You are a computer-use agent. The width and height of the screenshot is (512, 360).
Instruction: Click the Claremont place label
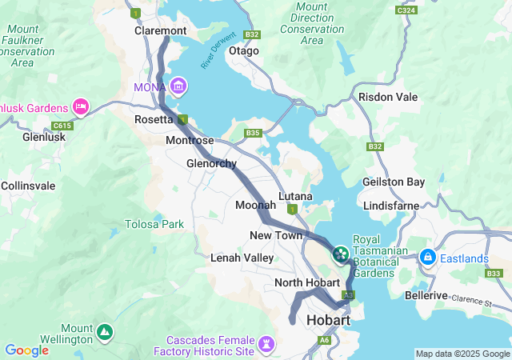[x=160, y=30]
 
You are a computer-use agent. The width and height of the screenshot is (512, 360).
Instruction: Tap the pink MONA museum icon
[x=178, y=86]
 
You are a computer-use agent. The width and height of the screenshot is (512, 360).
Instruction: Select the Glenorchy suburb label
[x=211, y=163]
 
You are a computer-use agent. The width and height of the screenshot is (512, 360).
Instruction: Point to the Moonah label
[x=255, y=206]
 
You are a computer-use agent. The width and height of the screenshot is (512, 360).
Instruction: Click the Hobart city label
[x=329, y=320]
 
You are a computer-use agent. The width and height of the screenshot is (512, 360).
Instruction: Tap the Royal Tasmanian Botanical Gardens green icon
[x=341, y=254]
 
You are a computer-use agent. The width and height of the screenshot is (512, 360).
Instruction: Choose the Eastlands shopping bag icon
[x=428, y=258]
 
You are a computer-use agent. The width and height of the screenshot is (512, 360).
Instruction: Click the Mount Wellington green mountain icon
[x=104, y=330]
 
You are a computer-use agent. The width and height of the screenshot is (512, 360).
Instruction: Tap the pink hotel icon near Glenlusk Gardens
[x=81, y=106]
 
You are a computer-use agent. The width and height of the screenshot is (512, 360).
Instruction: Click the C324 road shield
[x=406, y=10]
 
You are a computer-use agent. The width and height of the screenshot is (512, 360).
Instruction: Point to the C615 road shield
[x=61, y=126]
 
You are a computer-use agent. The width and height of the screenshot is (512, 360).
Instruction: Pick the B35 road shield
[x=254, y=133]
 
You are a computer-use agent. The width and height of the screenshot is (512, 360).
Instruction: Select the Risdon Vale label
[x=388, y=97]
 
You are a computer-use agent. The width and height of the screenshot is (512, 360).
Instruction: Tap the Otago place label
[x=244, y=50]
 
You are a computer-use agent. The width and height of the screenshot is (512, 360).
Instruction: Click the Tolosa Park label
[x=154, y=224]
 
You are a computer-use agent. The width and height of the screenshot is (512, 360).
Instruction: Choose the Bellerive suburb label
[x=426, y=295]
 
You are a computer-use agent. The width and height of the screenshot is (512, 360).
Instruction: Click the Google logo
[x=27, y=350]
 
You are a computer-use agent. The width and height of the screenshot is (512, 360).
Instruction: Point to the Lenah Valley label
[x=242, y=258]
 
